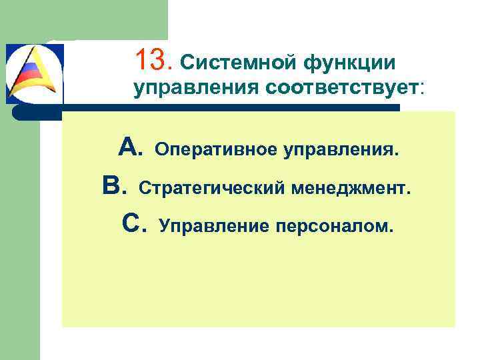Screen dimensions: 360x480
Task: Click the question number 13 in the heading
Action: (x=153, y=61)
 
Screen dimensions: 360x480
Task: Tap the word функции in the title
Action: (x=350, y=63)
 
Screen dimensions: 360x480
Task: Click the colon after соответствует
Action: (x=421, y=89)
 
